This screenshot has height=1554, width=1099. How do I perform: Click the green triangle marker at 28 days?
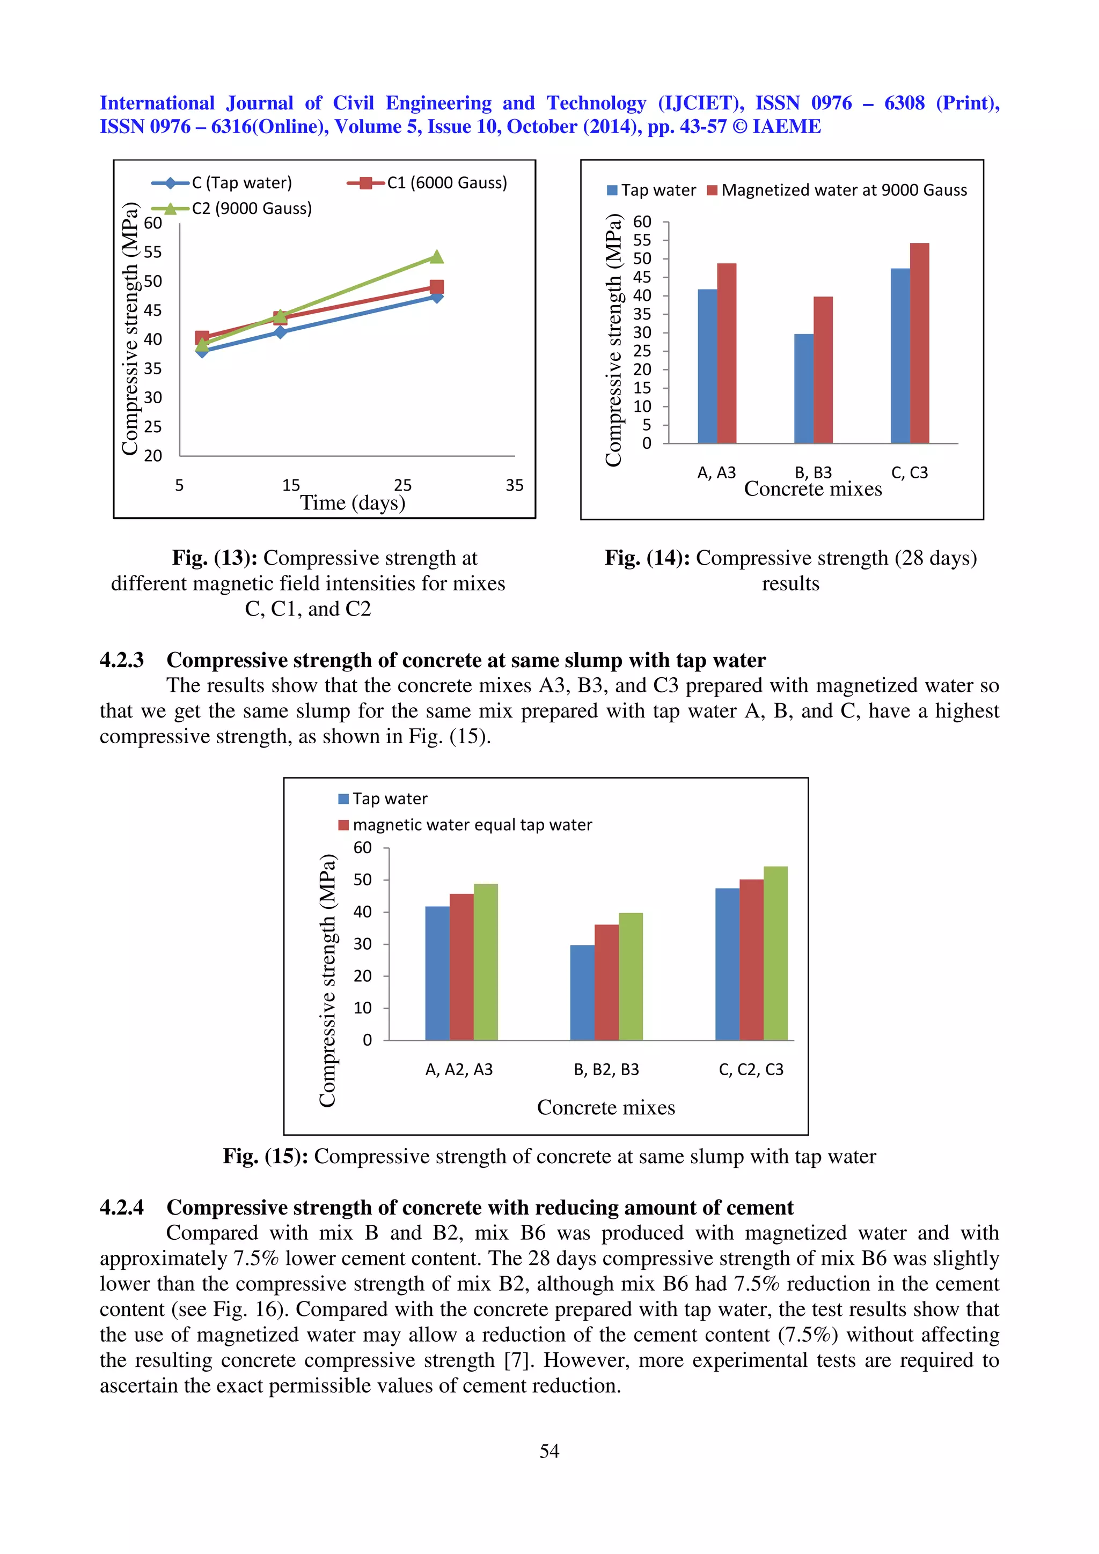(437, 256)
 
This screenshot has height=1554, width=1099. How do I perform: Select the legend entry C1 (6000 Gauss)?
(446, 183)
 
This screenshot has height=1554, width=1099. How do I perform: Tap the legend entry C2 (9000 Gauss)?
(251, 209)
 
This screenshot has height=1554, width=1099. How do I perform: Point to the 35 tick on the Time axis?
(514, 485)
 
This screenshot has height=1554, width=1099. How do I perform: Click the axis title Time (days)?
(352, 503)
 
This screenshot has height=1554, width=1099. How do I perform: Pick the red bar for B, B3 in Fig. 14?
(823, 369)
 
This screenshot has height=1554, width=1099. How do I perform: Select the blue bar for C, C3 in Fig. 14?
(900, 356)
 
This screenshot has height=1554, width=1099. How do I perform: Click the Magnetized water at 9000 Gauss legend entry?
(843, 190)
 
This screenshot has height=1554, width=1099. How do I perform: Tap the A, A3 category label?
(716, 472)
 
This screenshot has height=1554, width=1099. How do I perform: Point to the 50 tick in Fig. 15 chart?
(362, 880)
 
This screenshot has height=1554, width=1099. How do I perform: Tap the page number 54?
(549, 1451)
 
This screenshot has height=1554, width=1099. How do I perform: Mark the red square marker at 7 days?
(202, 337)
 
